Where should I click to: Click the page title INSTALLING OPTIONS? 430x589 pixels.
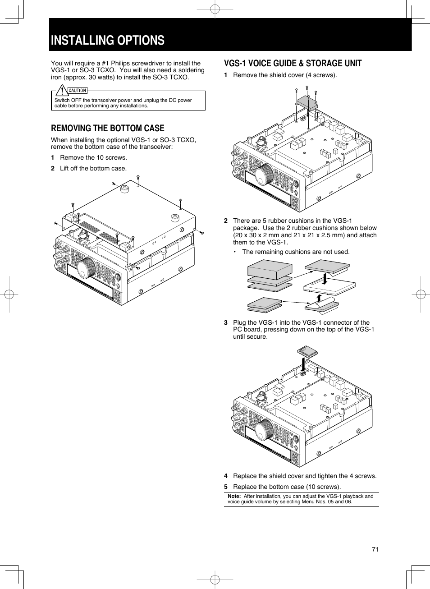(x=108, y=41)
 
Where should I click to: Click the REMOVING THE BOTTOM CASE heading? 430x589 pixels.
(x=107, y=128)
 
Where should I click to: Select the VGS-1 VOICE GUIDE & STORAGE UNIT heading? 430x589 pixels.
(x=293, y=64)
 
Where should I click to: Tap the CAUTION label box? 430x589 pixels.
(x=78, y=91)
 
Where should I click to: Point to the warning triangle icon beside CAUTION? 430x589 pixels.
(x=62, y=90)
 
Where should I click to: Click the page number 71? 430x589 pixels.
(x=375, y=549)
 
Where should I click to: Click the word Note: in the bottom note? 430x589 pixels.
(x=234, y=496)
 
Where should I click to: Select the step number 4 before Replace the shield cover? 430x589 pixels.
(x=226, y=476)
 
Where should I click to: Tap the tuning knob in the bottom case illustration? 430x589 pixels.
(x=86, y=268)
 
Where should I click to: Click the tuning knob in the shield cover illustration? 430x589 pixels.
(x=265, y=175)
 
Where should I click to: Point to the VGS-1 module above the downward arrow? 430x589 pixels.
(x=307, y=351)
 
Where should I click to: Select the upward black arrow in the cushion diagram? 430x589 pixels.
(x=319, y=299)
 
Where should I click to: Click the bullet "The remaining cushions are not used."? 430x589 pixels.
(x=296, y=252)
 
